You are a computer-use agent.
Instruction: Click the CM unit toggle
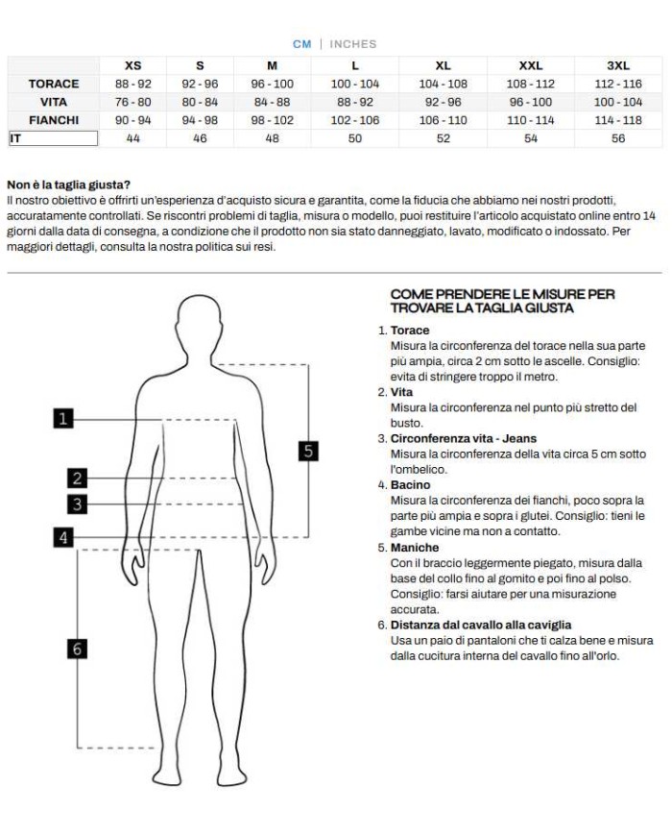point(302,44)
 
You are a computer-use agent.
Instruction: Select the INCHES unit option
point(353,44)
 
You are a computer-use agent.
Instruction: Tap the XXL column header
point(530,65)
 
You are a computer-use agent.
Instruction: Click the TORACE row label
point(54,84)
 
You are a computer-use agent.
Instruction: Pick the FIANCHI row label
point(54,120)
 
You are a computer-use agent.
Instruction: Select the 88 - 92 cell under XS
point(133,84)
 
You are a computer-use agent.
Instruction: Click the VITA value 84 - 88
point(272,102)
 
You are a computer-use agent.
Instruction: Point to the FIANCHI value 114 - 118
point(618,120)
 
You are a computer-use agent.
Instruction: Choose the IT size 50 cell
point(355,138)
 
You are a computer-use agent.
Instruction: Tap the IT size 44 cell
point(133,138)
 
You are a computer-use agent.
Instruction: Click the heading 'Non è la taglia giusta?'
point(68,184)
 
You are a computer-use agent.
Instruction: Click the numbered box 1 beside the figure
point(63,418)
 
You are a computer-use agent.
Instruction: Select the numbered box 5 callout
point(307,451)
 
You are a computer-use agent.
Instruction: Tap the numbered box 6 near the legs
point(77,650)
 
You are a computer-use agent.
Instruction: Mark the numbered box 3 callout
point(77,503)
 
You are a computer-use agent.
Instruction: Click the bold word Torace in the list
point(410,331)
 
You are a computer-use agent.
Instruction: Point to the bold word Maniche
point(415,548)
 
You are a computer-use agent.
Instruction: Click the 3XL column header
point(618,65)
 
